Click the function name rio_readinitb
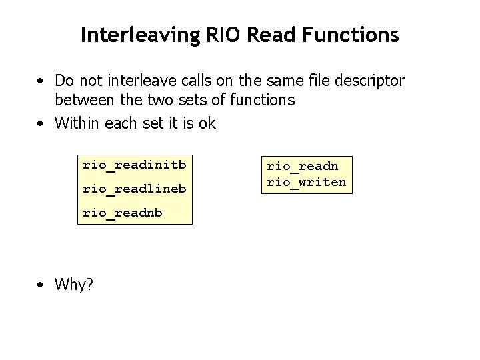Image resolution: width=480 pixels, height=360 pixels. click(x=134, y=164)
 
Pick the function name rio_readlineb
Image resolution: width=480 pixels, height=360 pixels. click(x=134, y=189)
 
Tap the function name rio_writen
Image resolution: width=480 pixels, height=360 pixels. click(x=307, y=182)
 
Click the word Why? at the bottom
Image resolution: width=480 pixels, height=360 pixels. click(x=74, y=285)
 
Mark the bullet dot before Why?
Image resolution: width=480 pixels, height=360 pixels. click(x=41, y=285)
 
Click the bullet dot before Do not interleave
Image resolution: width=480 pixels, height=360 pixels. click(x=41, y=81)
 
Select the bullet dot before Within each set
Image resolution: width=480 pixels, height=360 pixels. click(x=41, y=123)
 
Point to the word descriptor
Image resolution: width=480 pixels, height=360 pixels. click(x=371, y=81)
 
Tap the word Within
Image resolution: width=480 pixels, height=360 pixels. click(x=75, y=123)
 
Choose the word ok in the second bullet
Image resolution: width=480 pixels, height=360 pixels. click(x=207, y=123)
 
